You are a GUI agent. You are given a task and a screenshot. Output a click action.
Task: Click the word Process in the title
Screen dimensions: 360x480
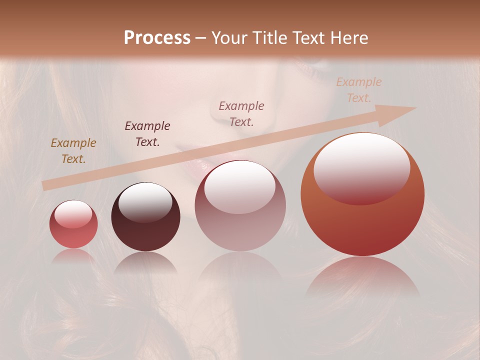click(x=157, y=38)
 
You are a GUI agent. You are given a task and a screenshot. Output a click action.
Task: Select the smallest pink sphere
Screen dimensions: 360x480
click(x=73, y=224)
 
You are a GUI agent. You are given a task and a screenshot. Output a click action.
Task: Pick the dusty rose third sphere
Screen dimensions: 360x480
click(x=240, y=206)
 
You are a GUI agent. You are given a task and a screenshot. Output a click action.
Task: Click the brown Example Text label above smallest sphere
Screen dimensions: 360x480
click(x=73, y=151)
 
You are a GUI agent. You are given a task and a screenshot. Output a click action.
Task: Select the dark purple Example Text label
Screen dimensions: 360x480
click(x=147, y=134)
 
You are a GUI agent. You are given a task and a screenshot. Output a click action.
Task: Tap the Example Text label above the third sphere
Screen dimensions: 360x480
click(x=241, y=113)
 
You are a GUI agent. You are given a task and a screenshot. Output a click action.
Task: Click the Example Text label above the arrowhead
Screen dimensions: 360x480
click(x=359, y=90)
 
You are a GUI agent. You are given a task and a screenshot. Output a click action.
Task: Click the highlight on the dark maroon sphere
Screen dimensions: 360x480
click(x=145, y=201)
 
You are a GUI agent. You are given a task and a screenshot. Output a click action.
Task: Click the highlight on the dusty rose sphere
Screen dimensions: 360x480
click(x=240, y=186)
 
